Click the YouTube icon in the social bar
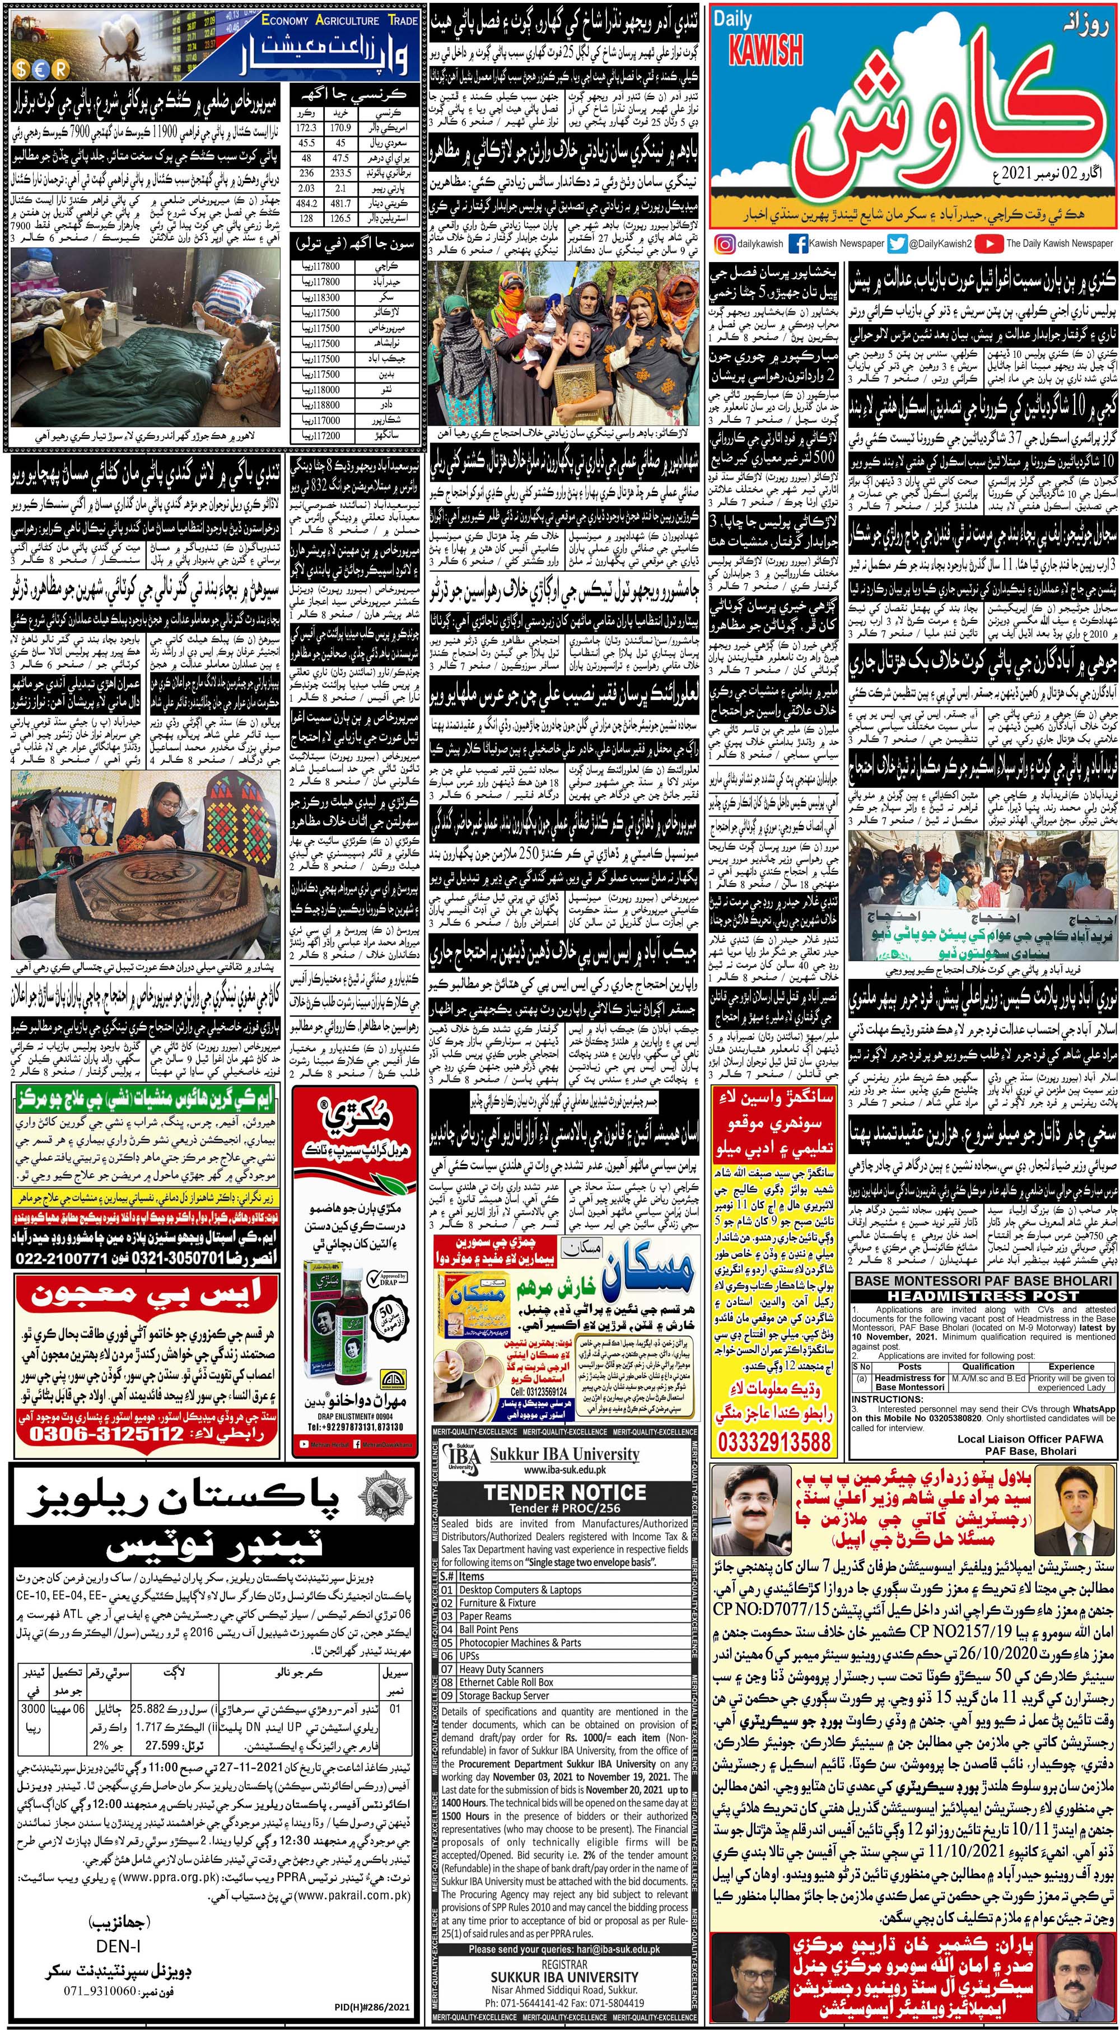988,244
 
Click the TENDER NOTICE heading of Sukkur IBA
564,1492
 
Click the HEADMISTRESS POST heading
983,1295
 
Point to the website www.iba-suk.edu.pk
564,1471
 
